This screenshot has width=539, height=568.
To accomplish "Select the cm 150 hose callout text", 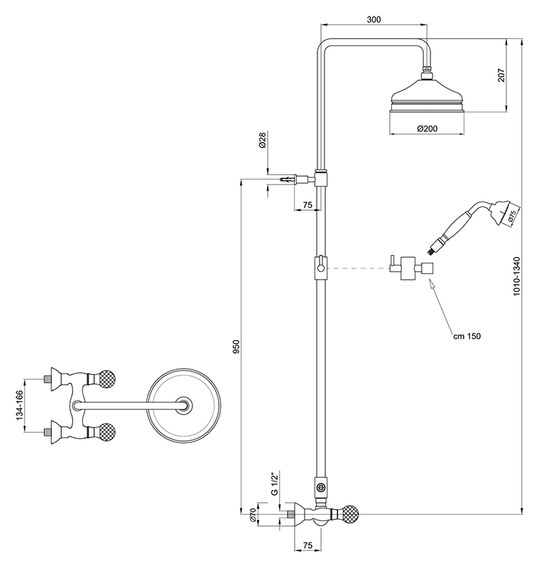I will [467, 336].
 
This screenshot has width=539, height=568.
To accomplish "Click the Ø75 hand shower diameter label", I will [512, 219].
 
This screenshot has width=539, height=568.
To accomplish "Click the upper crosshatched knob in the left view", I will [107, 376].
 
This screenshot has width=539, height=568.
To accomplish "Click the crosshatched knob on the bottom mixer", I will [352, 513].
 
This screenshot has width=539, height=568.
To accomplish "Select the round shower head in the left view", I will [183, 405].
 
